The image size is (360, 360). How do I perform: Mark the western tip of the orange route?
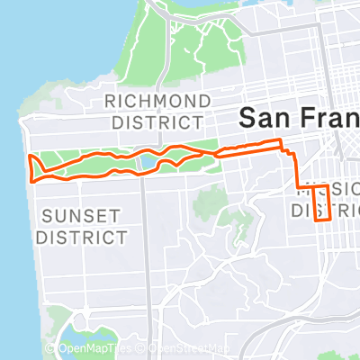click(x=30, y=162)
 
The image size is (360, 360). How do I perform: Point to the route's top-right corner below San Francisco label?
click(x=284, y=141)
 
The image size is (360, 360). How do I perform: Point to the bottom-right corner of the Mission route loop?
click(x=332, y=218)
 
